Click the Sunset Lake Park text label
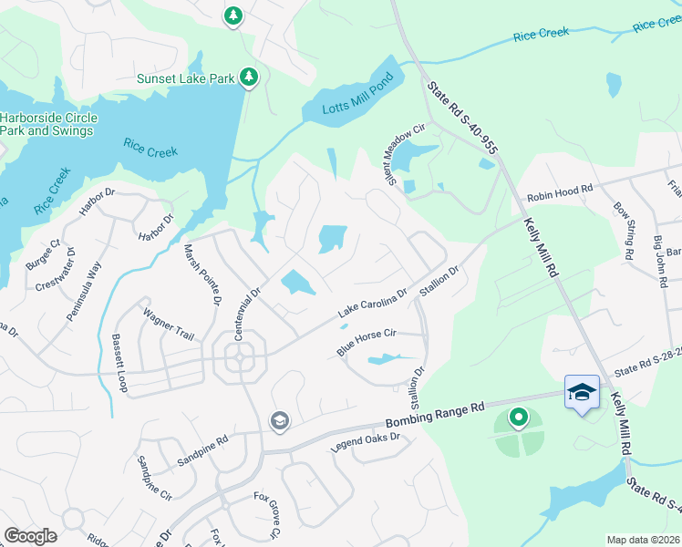tap(186, 78)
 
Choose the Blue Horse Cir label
tap(366, 343)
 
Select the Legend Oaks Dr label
tap(365, 443)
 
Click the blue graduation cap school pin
tap(582, 392)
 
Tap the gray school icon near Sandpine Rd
tap(279, 420)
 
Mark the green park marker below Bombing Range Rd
tap(519, 418)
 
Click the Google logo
tap(30, 536)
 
